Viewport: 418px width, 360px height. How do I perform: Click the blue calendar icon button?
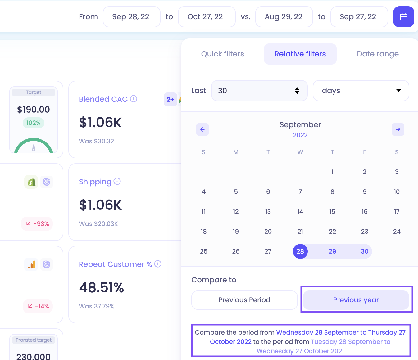[x=403, y=17]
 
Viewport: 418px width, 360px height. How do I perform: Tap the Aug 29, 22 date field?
[x=284, y=17]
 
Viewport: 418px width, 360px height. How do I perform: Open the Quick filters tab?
[x=222, y=54]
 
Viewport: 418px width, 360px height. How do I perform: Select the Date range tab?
[x=378, y=54]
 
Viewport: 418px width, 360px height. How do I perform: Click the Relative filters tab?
[x=300, y=54]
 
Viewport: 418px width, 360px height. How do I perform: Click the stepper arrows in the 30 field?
[x=297, y=91]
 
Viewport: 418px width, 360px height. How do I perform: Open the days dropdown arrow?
[x=398, y=91]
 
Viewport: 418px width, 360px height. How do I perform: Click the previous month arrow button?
[x=202, y=129]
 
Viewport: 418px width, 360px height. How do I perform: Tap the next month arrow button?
[x=398, y=129]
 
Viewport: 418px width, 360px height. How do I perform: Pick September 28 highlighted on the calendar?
[x=300, y=251]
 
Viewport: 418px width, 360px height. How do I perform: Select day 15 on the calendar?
[x=332, y=212]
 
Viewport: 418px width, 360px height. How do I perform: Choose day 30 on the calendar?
[x=364, y=251]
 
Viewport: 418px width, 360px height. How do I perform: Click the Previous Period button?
[x=244, y=300]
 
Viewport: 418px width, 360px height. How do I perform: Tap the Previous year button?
[x=356, y=300]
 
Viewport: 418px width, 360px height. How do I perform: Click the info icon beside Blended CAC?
[x=134, y=99]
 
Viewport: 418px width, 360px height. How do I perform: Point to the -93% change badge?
[x=37, y=223]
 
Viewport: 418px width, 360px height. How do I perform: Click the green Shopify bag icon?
[x=31, y=182]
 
